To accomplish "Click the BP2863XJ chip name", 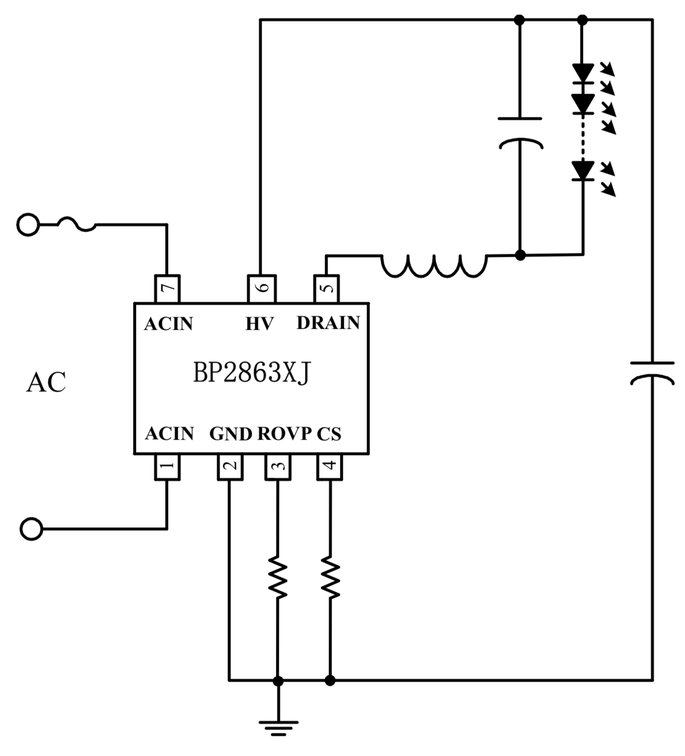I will [251, 373].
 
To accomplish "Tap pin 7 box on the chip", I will [167, 288].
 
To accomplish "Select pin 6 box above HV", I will [261, 288].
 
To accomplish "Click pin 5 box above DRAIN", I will [326, 288].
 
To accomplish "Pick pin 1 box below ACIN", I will [167, 466].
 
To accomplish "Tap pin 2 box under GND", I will [230, 466].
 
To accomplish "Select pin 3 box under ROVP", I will [278, 466].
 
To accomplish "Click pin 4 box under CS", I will [330, 466].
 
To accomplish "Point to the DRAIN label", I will [328, 323].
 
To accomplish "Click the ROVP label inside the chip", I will [284, 434].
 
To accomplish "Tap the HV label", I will [259, 324].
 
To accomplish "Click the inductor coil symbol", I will [434, 266].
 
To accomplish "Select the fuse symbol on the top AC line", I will [76, 224].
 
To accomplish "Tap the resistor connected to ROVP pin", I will [278, 577].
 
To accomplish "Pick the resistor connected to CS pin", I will [330, 577].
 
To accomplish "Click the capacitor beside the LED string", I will [520, 133].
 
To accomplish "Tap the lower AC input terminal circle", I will [31, 529].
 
